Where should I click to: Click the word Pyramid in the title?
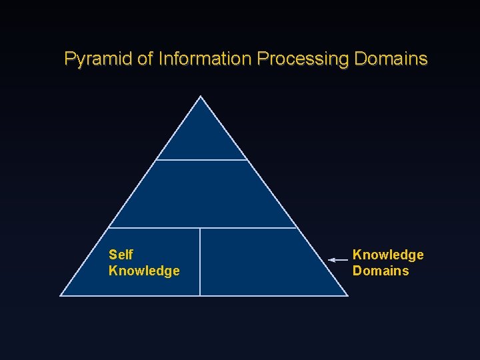98,59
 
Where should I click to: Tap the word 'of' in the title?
145,59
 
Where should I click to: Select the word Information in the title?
205,59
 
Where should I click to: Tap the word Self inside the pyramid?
121,255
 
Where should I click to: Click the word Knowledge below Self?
144,271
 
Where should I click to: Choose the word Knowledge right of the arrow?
388,255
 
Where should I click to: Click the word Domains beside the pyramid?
381,271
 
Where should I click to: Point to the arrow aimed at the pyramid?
338,260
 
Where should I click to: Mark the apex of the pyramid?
201,97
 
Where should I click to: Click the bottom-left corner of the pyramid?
61,295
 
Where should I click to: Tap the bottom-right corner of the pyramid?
347,295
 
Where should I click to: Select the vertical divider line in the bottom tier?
200,261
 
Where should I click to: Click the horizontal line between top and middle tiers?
201,160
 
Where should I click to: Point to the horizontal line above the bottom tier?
202,228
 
